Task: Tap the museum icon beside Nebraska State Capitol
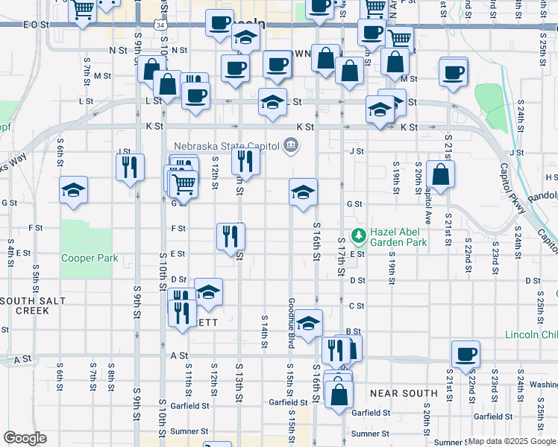tap(291, 146)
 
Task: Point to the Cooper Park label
tap(90, 259)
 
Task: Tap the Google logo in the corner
tap(25, 438)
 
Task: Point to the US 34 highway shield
tap(160, 25)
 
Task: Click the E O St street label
tap(36, 25)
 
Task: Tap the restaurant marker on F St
tap(231, 236)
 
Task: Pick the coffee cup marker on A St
tap(466, 354)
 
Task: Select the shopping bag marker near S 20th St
tap(442, 175)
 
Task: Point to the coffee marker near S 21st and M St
tap(453, 72)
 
